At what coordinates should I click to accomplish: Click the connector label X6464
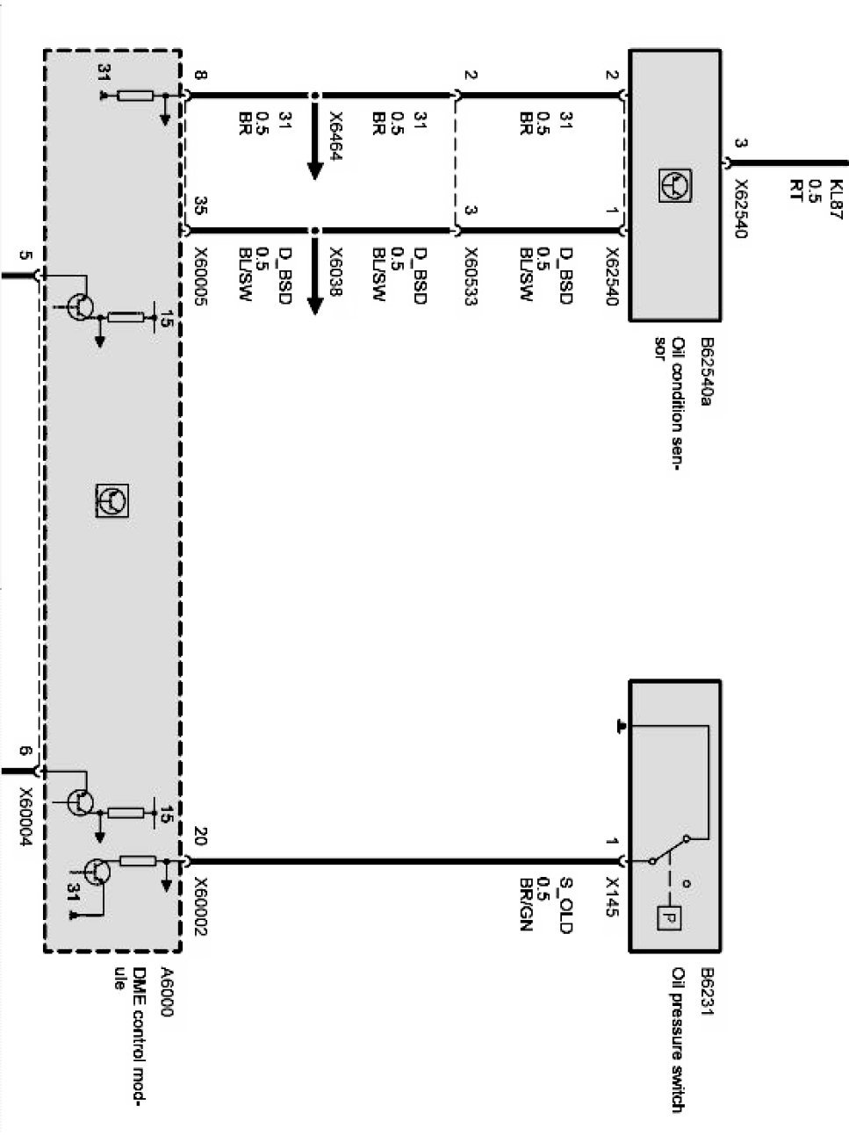click(335, 136)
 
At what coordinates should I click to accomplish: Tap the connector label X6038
click(335, 272)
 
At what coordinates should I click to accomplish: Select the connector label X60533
click(471, 277)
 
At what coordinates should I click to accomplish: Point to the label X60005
click(200, 277)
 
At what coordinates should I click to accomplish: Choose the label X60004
click(25, 817)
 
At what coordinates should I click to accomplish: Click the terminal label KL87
click(836, 199)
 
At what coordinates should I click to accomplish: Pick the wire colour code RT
click(795, 190)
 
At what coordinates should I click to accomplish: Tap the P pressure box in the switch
click(669, 918)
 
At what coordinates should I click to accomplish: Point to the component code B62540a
click(707, 371)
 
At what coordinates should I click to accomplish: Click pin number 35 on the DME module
click(200, 205)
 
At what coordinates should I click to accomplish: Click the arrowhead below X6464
click(315, 171)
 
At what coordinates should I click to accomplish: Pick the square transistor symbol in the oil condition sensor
click(675, 185)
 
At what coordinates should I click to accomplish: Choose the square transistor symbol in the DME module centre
click(112, 500)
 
